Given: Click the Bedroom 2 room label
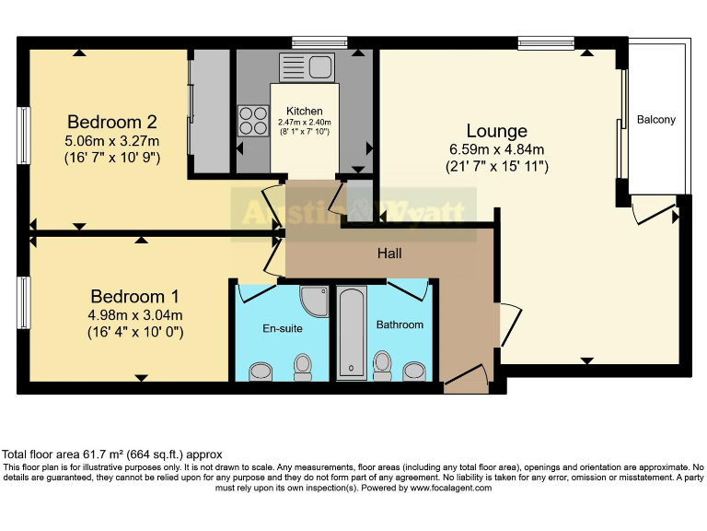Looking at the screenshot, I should click(x=112, y=122).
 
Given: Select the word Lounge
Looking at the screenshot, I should click(x=496, y=131).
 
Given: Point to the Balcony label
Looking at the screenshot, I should click(x=655, y=120).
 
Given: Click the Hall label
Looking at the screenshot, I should click(x=388, y=253).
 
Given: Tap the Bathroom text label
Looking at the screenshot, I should click(x=400, y=324).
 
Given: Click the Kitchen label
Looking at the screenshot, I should click(x=304, y=111).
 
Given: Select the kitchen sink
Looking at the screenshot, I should click(x=312, y=66).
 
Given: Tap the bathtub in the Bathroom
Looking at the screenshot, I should click(x=352, y=332).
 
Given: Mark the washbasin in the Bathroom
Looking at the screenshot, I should click(x=415, y=371).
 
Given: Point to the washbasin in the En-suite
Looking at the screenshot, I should click(x=261, y=372).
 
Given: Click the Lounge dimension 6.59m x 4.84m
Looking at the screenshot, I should click(x=496, y=149).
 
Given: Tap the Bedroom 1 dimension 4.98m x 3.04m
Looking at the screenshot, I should click(x=135, y=314).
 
